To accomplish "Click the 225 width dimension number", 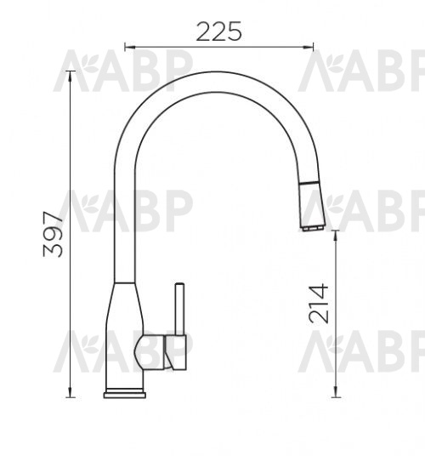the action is [x=218, y=31].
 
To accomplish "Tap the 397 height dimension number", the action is [x=53, y=235].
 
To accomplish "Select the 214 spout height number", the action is [x=319, y=304].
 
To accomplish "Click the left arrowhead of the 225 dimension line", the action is [x=130, y=47].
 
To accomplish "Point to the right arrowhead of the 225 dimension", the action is [x=309, y=47].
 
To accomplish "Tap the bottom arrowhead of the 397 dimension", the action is [x=70, y=391].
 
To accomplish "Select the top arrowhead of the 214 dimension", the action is [x=336, y=236].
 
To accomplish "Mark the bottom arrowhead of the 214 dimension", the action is [x=336, y=391].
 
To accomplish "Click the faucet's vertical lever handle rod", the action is [x=179, y=309].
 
